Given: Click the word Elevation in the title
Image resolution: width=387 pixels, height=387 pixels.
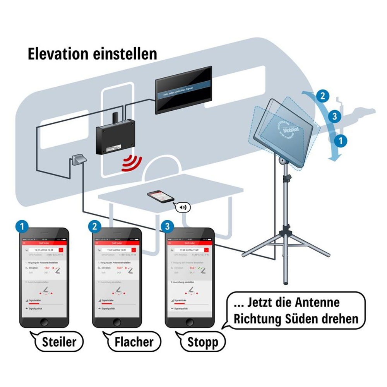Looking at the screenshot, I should point(58,54).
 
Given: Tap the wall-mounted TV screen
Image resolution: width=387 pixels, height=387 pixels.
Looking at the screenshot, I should point(183,90).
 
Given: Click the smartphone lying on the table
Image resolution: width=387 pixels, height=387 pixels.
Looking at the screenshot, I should point(160,196).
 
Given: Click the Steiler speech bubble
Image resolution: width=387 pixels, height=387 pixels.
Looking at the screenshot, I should point(59,341).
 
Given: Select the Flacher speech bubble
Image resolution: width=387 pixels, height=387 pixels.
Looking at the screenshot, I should point(133,341).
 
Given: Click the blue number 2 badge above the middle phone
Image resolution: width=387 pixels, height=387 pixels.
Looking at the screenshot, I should point(95,226).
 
